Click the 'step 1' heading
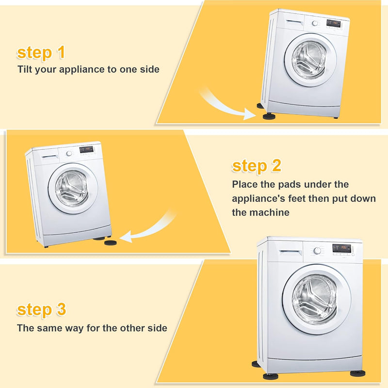[41, 52]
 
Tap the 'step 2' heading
[257, 165]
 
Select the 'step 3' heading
[41, 309]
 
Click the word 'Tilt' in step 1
[25, 69]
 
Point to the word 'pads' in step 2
[290, 184]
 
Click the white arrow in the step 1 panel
[226, 106]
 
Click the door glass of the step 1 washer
[310, 60]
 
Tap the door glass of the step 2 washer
[72, 189]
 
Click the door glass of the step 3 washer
[314, 300]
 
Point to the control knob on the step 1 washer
[315, 23]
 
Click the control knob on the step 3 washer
[317, 251]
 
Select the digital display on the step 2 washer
[86, 149]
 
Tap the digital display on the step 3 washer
[341, 248]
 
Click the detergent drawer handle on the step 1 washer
[295, 22]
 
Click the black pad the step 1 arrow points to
[269, 116]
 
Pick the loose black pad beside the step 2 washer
[111, 242]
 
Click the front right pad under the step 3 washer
[358, 373]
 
